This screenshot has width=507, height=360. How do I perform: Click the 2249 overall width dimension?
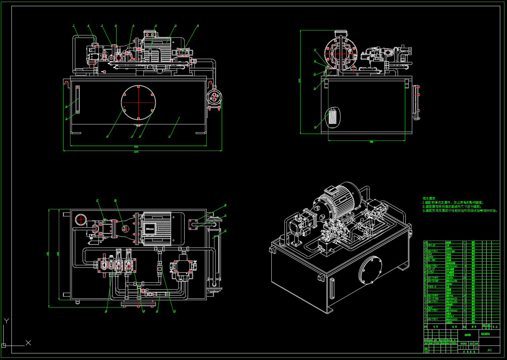click(x=136, y=152)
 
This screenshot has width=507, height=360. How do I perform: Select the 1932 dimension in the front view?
click(x=136, y=147)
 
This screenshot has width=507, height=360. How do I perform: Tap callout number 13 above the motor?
click(x=175, y=25)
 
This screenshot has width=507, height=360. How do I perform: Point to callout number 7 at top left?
click(x=74, y=25)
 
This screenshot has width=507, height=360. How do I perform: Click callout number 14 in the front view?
click(x=198, y=25)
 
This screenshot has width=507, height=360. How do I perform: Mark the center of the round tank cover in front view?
click(x=138, y=102)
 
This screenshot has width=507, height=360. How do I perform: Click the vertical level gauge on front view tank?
click(x=78, y=100)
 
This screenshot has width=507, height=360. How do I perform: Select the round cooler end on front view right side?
click(x=214, y=98)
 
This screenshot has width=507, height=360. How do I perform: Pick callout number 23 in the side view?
click(x=315, y=127)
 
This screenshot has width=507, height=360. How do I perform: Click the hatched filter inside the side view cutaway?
click(x=332, y=118)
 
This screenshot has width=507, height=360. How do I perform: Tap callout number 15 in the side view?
click(x=315, y=50)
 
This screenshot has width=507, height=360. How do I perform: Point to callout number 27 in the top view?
click(x=97, y=201)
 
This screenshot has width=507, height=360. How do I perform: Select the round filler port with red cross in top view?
click(x=81, y=220)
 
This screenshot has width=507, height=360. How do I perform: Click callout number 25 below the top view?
click(x=143, y=311)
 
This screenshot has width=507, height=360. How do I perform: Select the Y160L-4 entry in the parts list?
click(x=432, y=287)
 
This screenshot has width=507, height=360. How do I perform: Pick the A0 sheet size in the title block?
click(x=489, y=350)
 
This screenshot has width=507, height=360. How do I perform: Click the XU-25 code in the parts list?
click(x=431, y=269)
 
